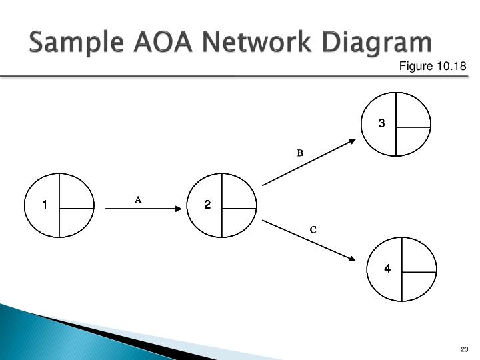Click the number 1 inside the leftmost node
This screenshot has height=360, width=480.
(x=45, y=205)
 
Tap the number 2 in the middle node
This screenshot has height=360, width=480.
(x=207, y=205)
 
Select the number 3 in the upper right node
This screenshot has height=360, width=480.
(x=381, y=123)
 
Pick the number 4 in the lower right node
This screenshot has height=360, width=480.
(x=387, y=269)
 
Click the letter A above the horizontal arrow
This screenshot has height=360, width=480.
(x=138, y=200)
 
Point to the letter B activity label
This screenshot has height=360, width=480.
(x=300, y=153)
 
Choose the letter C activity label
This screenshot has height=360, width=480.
(x=313, y=229)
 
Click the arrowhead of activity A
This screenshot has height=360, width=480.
(x=179, y=209)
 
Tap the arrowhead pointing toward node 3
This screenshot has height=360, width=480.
(x=353, y=141)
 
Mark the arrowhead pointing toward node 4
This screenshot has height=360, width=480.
(x=353, y=259)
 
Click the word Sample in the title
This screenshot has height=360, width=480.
(x=77, y=42)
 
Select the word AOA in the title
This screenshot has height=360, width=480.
(x=163, y=41)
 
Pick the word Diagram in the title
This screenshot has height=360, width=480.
(x=377, y=43)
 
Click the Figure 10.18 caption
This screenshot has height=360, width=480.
(x=433, y=66)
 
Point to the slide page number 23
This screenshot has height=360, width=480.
(x=465, y=349)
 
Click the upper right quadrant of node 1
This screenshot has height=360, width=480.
(x=75, y=193)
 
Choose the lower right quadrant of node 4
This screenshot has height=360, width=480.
(x=416, y=285)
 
